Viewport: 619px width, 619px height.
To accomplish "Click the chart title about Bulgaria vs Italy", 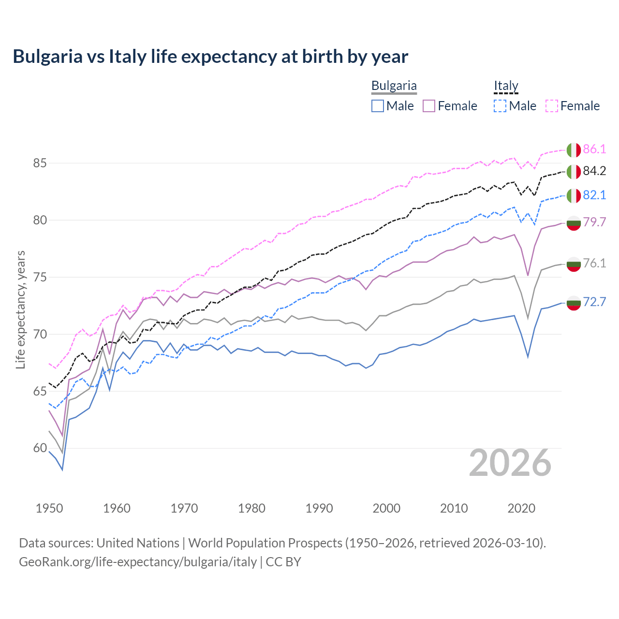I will point(210,57).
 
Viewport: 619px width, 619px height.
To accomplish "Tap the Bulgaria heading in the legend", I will point(394,86).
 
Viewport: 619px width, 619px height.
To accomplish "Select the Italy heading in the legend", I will point(506,86).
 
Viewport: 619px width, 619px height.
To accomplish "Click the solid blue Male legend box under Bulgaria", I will point(378,106).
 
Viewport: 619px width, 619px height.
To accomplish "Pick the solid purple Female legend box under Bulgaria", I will point(429,106).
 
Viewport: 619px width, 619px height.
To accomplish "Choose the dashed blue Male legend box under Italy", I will point(500,106).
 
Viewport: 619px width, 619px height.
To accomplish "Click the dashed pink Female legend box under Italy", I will point(552,106).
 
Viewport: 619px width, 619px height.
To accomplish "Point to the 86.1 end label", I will point(594,149).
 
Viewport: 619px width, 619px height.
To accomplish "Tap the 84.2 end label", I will point(594,171).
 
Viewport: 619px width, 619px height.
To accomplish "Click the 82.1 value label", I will point(594,195).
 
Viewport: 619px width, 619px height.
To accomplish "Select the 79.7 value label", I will point(594,222).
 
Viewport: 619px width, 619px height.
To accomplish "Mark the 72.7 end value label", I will point(594,302).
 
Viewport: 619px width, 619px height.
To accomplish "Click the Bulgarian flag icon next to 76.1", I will point(574,264).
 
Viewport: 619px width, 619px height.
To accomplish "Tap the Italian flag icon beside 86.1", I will point(574,150).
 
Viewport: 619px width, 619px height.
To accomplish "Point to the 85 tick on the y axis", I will point(40,163).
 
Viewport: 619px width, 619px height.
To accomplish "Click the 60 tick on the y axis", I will point(40,448).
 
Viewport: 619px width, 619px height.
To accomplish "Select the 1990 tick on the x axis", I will point(319,508).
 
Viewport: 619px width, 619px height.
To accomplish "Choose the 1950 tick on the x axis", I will point(49,508).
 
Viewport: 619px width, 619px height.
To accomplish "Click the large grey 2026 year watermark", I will point(510,463).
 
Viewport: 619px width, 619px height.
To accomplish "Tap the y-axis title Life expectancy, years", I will point(20,309).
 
